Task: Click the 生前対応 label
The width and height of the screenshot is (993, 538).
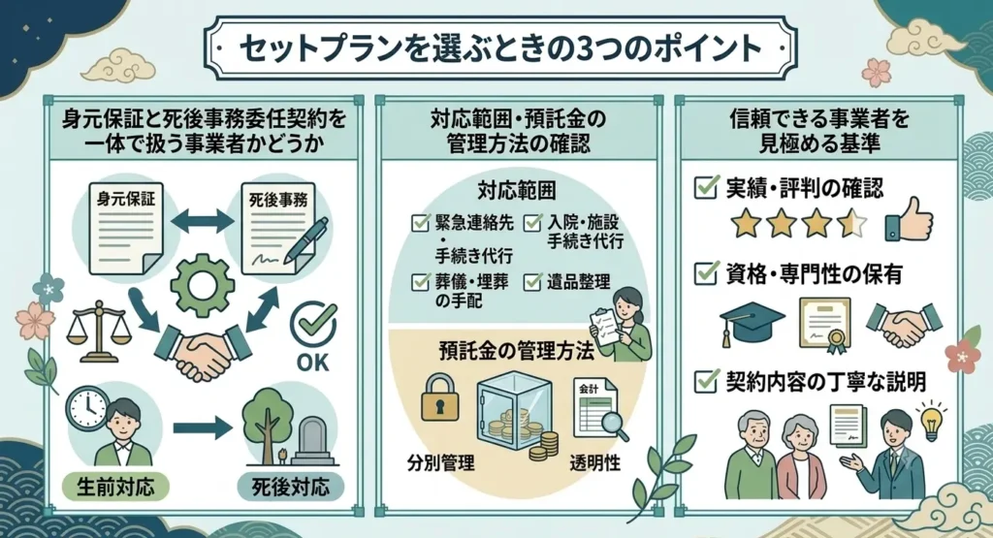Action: click(x=115, y=487)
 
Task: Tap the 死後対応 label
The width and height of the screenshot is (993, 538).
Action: click(x=291, y=487)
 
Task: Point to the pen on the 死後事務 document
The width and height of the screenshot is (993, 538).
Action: click(x=306, y=240)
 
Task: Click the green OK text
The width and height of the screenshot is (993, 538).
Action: click(x=313, y=362)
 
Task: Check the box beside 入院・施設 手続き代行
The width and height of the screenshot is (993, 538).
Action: click(x=532, y=223)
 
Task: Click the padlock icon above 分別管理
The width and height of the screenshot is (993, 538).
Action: click(x=440, y=396)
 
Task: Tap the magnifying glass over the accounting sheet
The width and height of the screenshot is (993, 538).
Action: click(x=615, y=425)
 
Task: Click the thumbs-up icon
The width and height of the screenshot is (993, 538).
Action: click(x=910, y=220)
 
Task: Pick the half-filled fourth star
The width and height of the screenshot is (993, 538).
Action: click(x=851, y=223)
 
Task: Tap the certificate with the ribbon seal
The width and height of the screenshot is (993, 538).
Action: click(x=825, y=325)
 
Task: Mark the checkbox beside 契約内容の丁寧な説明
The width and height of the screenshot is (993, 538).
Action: click(x=706, y=381)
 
